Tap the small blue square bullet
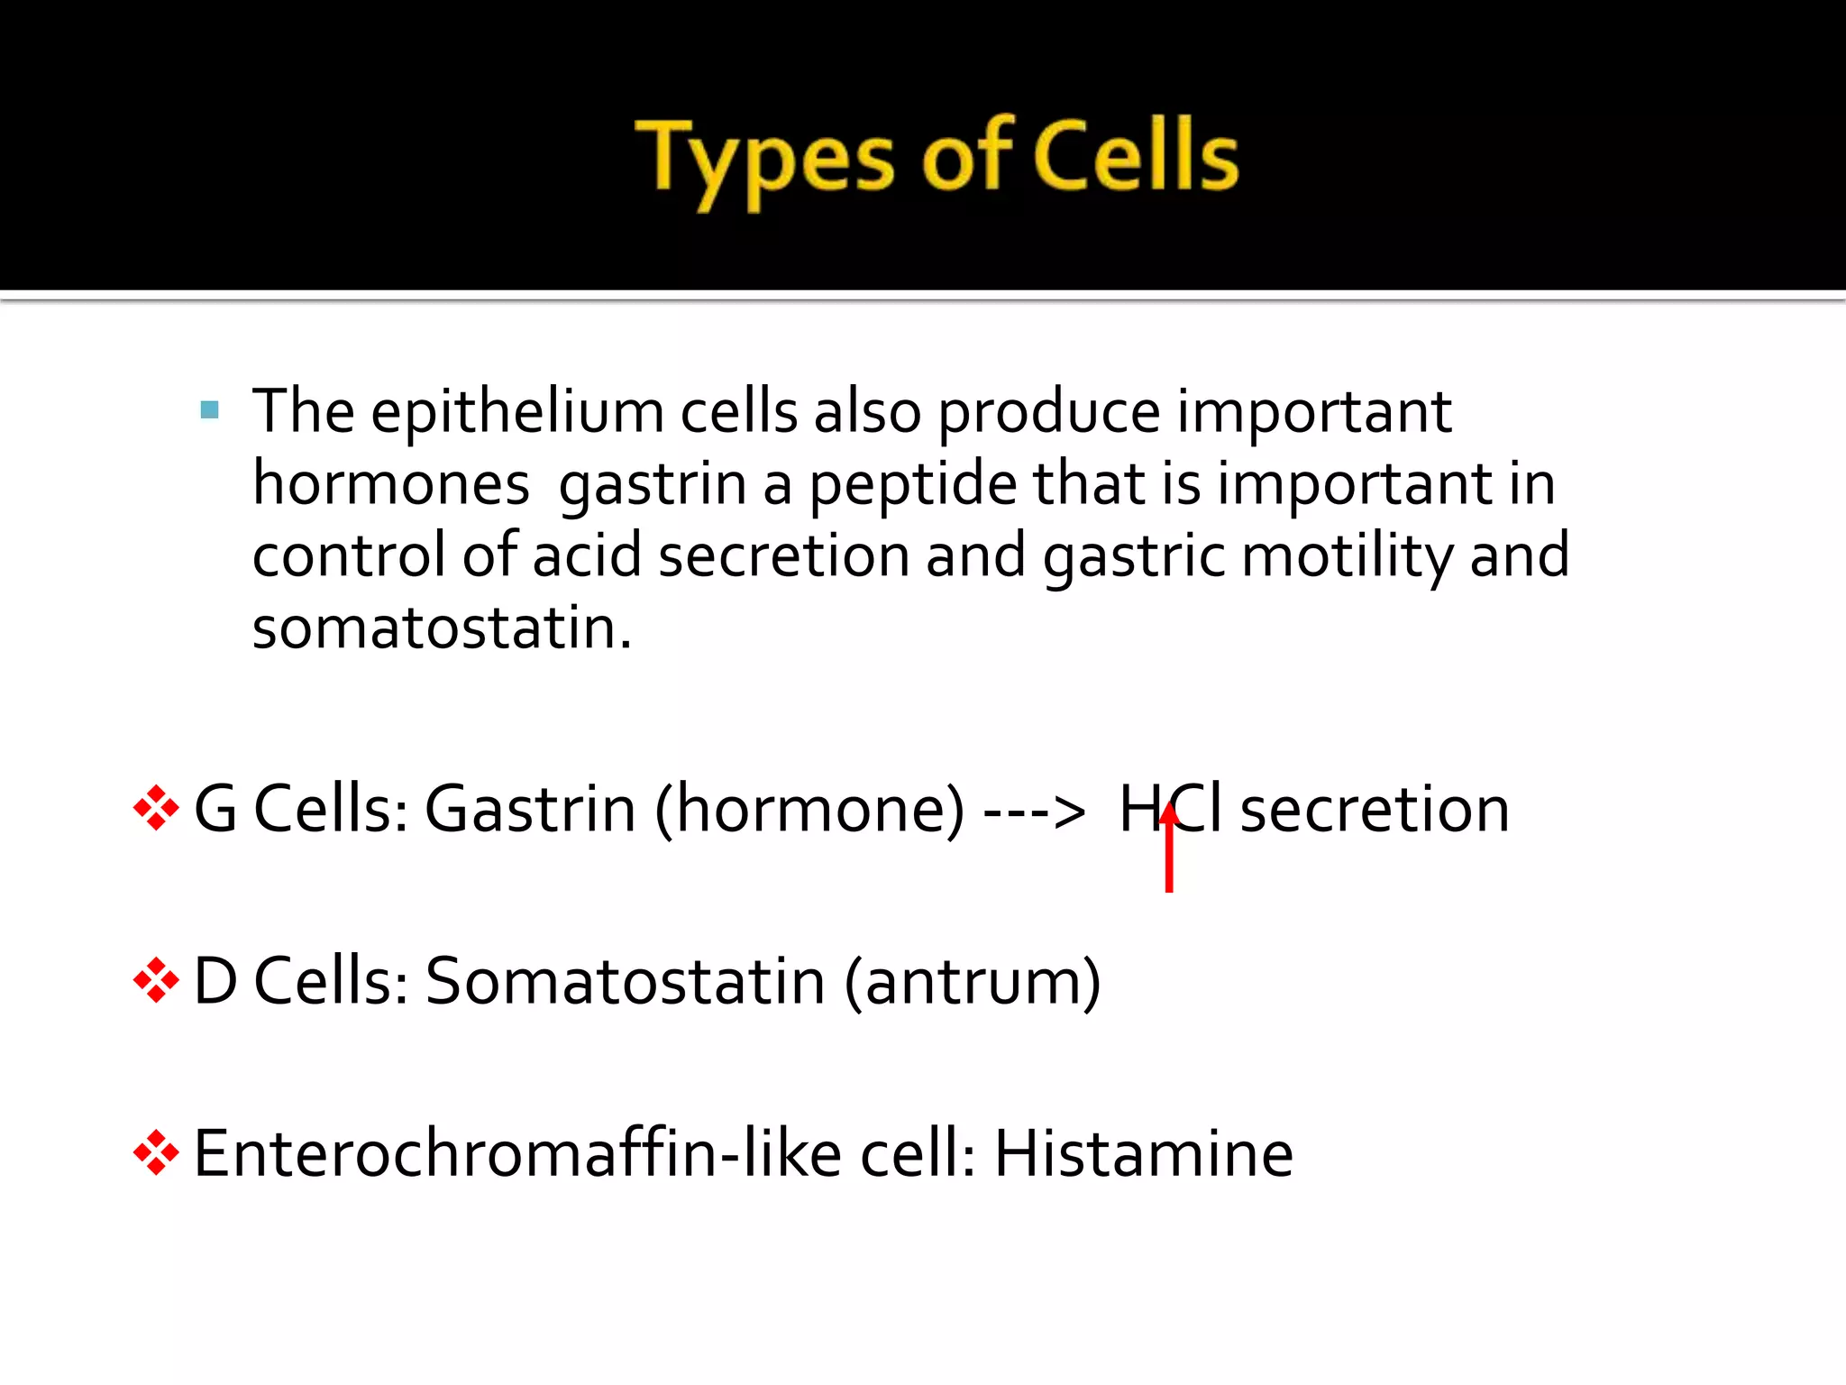[210, 411]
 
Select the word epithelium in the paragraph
[516, 413]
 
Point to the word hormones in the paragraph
[390, 484]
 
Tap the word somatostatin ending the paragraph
[442, 628]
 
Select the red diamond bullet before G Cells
[156, 808]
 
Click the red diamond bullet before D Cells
[156, 980]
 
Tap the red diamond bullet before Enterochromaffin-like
[156, 1152]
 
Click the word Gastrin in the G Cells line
[530, 809]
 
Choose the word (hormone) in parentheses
[809, 810]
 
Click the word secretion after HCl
[1375, 809]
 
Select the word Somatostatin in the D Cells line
[626, 981]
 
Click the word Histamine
[1143, 1153]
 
